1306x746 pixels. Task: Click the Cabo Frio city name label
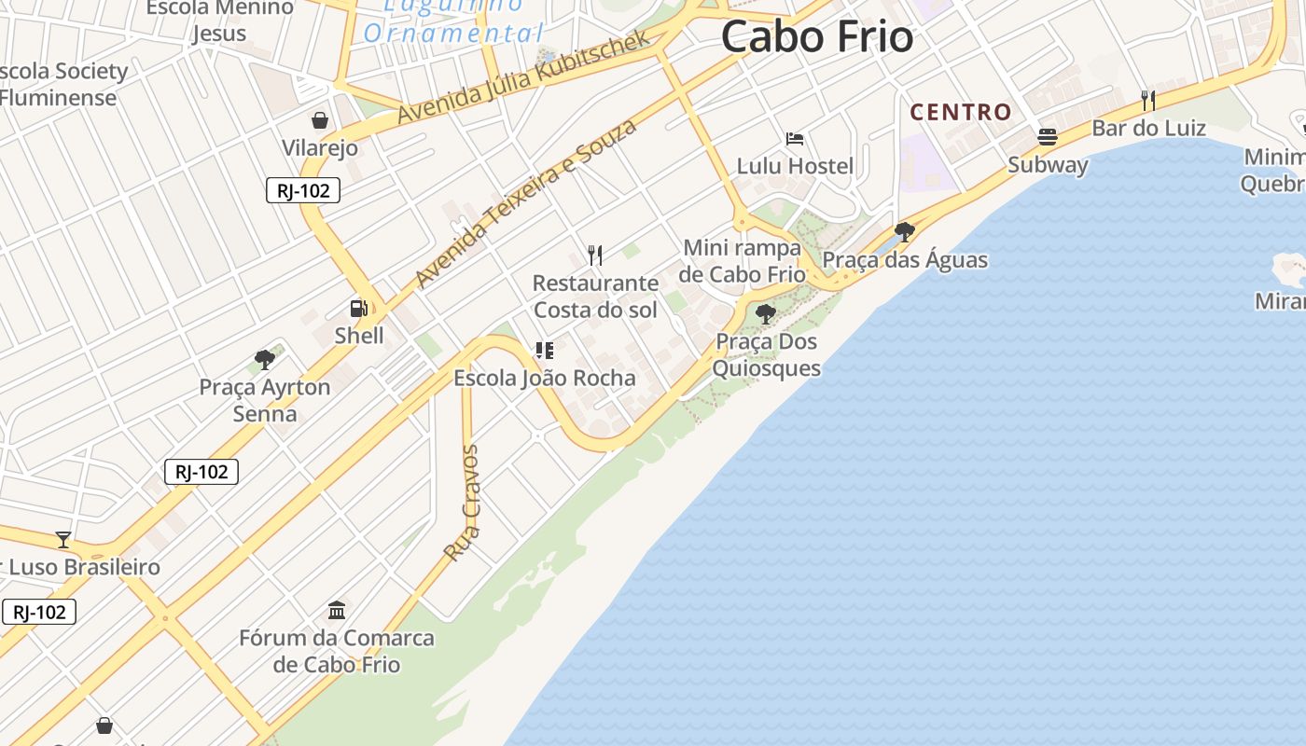click(817, 37)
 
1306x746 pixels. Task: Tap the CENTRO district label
click(961, 112)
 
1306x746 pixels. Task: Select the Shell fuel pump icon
click(358, 309)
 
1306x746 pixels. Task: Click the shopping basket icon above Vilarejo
click(320, 120)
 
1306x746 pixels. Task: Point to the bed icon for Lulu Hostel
click(795, 139)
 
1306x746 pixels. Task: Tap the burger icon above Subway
click(1048, 137)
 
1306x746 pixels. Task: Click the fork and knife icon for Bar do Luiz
click(1148, 101)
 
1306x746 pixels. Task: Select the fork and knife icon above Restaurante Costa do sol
click(595, 255)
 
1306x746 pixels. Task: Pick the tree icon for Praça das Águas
click(904, 231)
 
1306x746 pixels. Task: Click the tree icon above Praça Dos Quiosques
click(766, 313)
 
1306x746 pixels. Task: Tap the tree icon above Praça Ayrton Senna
click(265, 359)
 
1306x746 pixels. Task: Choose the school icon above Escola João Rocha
click(544, 351)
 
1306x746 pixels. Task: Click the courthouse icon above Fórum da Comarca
click(337, 611)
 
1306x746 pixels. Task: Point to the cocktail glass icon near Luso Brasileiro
click(63, 539)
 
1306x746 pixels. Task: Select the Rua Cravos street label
click(462, 504)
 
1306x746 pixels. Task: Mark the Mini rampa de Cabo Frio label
click(743, 261)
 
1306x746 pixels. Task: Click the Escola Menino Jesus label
click(220, 21)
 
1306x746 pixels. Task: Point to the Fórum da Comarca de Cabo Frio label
click(337, 651)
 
